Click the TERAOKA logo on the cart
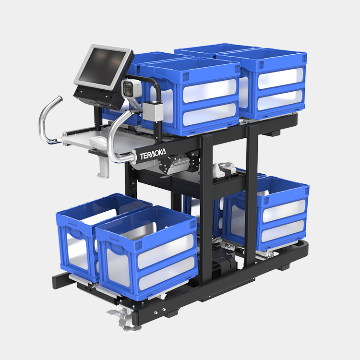coord(153,155)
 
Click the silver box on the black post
coord(153,111)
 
